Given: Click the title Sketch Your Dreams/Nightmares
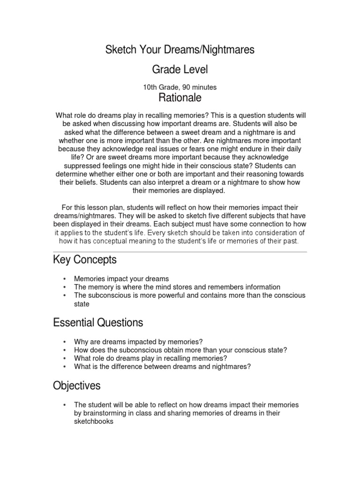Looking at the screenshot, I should click(180, 50).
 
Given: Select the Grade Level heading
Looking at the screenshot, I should click(180, 70).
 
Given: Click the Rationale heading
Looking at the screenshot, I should click(180, 98).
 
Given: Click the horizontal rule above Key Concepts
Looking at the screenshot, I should click(180, 252).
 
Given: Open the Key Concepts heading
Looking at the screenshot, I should click(85, 260).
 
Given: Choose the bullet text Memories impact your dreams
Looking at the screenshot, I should click(121, 278).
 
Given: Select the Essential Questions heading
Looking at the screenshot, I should click(98, 322).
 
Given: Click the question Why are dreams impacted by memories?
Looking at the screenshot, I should click(138, 342).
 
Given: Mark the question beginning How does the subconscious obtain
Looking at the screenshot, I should click(180, 350).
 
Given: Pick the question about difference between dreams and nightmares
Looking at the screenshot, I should click(163, 367).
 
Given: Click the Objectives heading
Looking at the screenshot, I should click(77, 386).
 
